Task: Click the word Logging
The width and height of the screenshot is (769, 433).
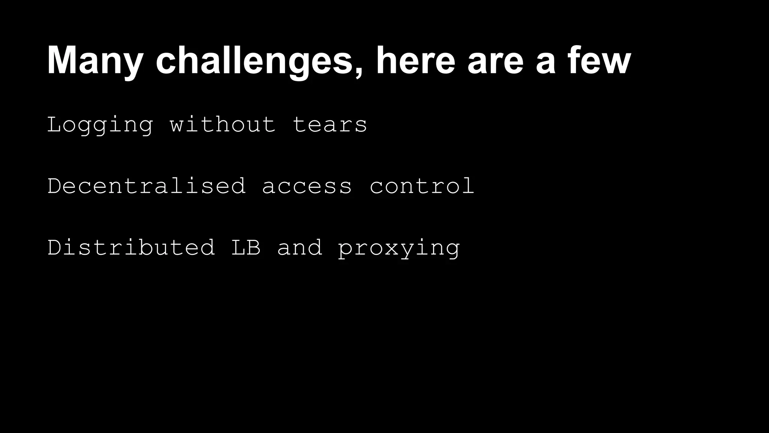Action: coord(100,125)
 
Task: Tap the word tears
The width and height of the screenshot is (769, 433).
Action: coord(330,125)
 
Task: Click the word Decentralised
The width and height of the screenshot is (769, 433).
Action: coord(146,186)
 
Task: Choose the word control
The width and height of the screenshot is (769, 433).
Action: coord(422,186)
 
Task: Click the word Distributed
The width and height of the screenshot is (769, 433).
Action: coord(131,247)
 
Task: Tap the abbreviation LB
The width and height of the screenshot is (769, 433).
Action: coord(246,247)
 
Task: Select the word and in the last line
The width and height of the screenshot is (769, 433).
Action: coord(299,247)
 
